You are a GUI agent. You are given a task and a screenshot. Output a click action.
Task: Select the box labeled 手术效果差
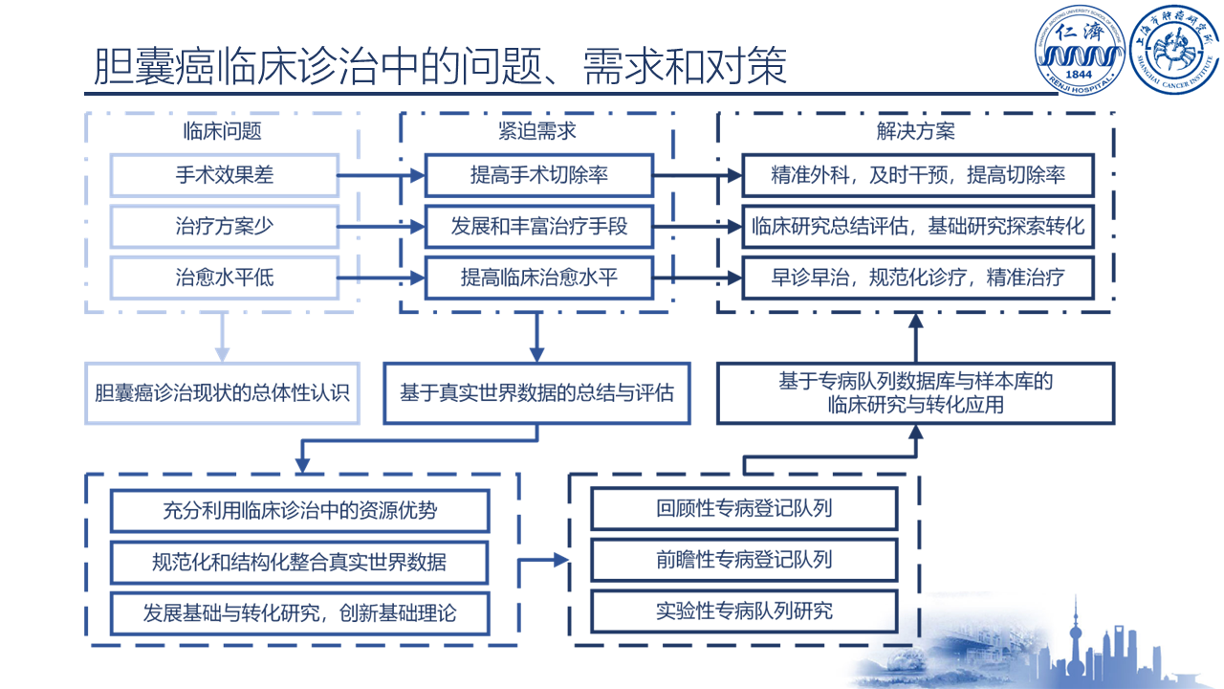(225, 175)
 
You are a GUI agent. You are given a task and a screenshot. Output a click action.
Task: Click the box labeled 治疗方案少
(225, 227)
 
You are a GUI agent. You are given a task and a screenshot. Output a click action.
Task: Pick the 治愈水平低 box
(225, 278)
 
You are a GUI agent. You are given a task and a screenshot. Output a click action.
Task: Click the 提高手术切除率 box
(539, 175)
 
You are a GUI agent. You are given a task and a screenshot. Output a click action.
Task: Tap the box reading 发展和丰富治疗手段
(539, 227)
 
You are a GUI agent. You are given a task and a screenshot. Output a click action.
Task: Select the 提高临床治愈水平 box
(539, 278)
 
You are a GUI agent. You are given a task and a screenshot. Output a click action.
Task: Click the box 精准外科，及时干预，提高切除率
(918, 175)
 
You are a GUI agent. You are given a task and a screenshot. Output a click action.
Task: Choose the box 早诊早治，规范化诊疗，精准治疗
(918, 278)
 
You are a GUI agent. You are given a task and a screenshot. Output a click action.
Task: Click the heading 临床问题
(223, 131)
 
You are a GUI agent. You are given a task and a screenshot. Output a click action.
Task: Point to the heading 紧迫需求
(537, 131)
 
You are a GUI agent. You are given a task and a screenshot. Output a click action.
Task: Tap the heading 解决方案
(915, 131)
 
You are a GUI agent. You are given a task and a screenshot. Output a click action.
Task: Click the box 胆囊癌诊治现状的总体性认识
(223, 392)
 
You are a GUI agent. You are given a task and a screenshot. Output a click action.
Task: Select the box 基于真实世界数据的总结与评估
(536, 392)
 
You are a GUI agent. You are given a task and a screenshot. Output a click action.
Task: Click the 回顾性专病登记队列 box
(744, 508)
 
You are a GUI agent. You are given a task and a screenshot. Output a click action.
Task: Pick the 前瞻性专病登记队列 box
(744, 559)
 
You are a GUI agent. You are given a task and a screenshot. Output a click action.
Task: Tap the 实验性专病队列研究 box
(744, 611)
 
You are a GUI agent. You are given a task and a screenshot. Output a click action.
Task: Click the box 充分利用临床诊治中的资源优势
(300, 511)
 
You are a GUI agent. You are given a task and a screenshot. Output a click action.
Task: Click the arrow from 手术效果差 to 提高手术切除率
(382, 175)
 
